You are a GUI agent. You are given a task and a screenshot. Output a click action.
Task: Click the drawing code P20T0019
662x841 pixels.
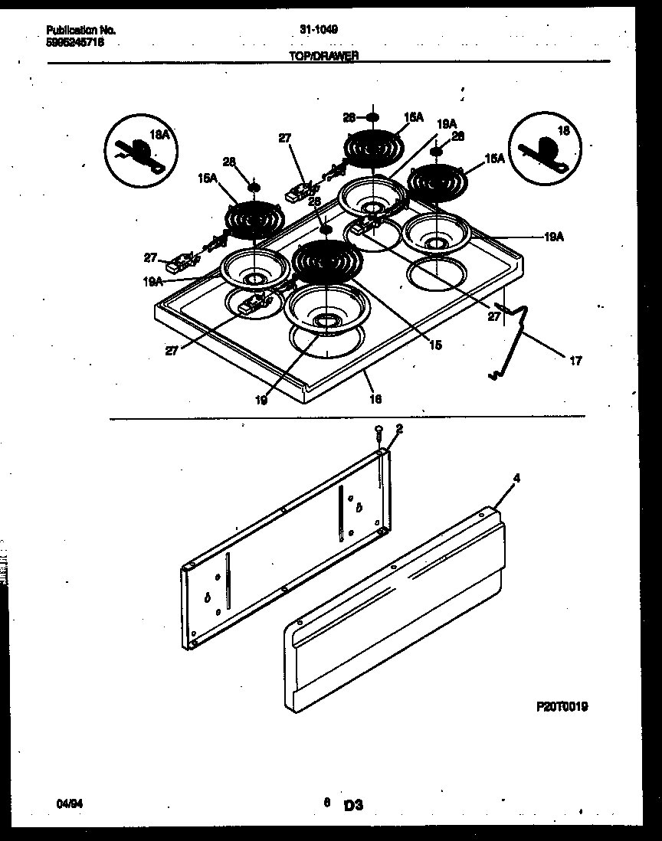click(562, 707)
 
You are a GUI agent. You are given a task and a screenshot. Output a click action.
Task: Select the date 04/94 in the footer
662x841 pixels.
click(67, 803)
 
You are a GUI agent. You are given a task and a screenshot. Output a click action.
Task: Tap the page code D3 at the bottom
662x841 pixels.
click(352, 804)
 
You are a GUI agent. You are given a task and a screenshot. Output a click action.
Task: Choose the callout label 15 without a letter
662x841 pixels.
click(434, 345)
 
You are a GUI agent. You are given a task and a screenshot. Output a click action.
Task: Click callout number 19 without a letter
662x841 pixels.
click(261, 400)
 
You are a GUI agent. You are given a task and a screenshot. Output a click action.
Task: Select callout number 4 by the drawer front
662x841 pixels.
click(516, 478)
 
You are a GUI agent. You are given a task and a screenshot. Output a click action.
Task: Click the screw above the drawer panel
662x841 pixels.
click(379, 434)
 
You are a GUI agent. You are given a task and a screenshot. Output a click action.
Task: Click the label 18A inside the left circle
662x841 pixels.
click(159, 134)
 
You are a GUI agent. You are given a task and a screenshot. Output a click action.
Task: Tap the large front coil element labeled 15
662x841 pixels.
click(327, 260)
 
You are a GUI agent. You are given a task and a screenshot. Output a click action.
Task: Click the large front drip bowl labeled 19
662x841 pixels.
click(327, 310)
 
